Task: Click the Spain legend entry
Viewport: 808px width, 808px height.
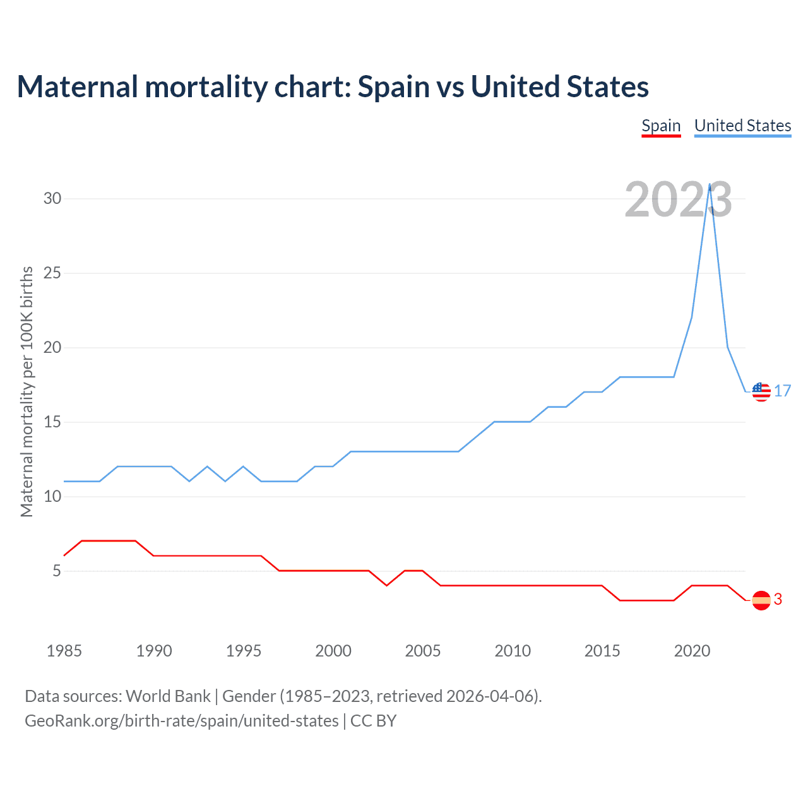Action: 661,126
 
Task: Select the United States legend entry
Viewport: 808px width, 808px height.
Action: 742,126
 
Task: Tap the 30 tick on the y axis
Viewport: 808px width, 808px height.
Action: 52,198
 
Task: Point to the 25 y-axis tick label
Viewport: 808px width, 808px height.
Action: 52,273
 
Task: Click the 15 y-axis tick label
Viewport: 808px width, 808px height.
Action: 52,422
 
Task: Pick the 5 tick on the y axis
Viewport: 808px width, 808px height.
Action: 57,571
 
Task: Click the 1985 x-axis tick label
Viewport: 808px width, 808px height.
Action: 64,651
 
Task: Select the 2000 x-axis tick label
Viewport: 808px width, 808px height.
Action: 333,651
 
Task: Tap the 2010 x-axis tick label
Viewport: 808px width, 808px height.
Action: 513,651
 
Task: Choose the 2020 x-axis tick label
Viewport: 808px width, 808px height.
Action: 692,651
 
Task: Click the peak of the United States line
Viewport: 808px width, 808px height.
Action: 710,184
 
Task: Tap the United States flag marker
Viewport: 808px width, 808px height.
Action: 761,392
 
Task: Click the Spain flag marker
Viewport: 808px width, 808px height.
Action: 761,600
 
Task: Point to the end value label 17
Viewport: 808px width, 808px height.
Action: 783,391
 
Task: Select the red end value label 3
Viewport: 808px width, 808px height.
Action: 778,600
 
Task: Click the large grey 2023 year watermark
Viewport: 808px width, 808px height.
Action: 678,199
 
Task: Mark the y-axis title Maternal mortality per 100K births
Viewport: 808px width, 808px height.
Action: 27,391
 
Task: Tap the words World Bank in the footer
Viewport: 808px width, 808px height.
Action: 168,696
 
